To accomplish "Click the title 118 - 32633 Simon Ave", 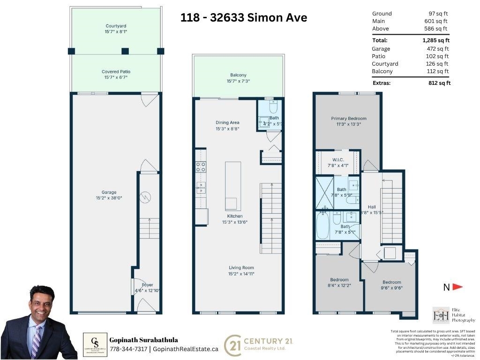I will coord(244,18).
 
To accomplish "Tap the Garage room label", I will coord(109,192).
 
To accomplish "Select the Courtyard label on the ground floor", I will coord(115,26).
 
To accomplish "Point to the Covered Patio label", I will coord(115,72).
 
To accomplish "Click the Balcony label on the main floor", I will coord(238,75).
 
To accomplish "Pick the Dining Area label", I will coord(227,123).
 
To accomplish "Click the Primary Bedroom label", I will coord(348,119).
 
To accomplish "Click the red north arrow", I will coord(457,287).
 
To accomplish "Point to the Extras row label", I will coord(382,83).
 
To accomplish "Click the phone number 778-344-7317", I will coord(128,349).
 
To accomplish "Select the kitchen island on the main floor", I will coord(233,186).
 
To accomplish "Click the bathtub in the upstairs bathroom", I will coord(323,226).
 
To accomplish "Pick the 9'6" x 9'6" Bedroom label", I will coord(391,282).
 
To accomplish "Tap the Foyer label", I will coord(147,285).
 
